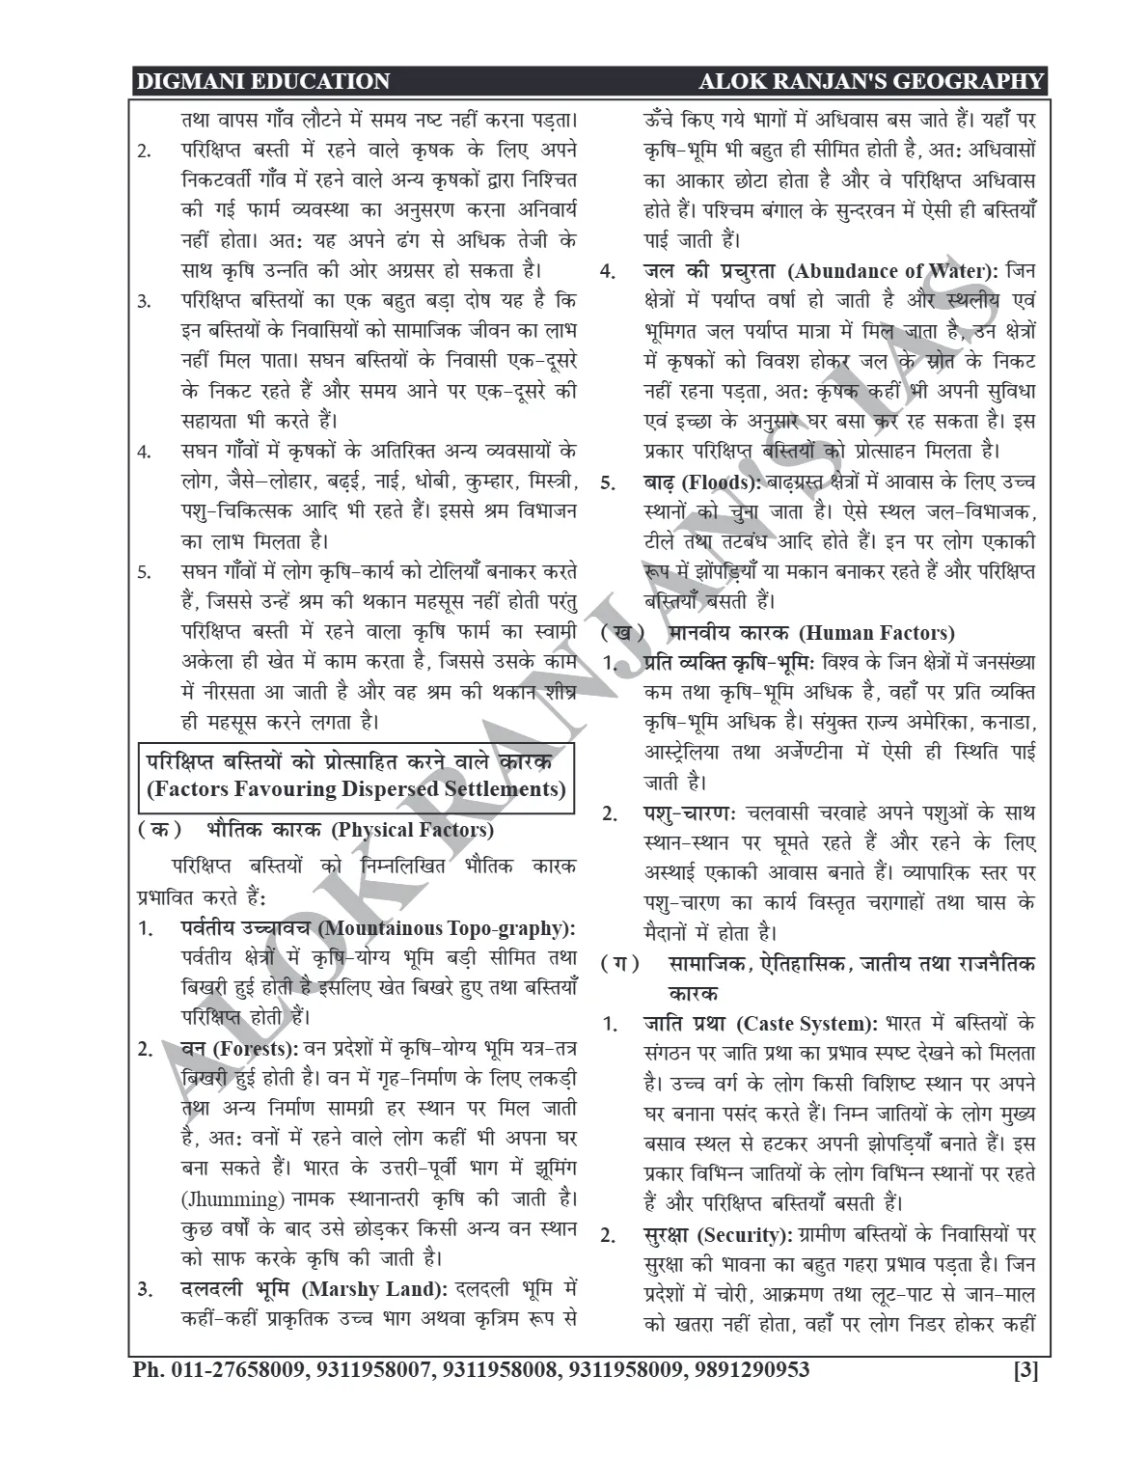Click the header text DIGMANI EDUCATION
point(263,82)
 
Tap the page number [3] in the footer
point(1025,1369)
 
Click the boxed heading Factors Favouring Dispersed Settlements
point(356,789)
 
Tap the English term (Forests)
point(254,1048)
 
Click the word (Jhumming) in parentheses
point(232,1198)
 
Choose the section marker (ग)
point(618,963)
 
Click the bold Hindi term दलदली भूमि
point(237,1289)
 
